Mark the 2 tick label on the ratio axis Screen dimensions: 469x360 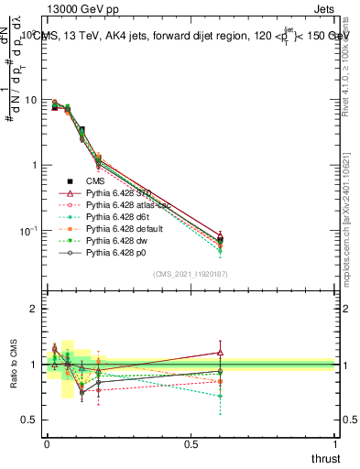click(33, 309)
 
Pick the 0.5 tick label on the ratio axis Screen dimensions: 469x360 click(29, 420)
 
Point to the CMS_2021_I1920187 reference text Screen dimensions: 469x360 click(191, 274)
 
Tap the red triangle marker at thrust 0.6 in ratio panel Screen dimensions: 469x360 click(220, 352)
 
